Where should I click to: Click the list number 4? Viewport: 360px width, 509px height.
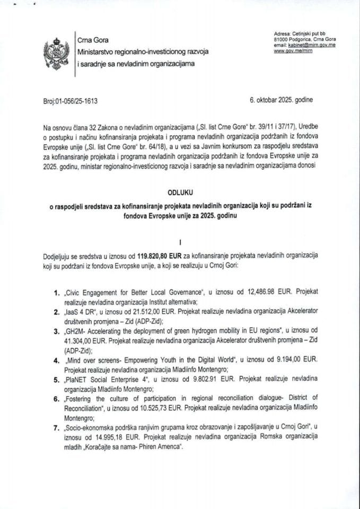coord(57,359)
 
